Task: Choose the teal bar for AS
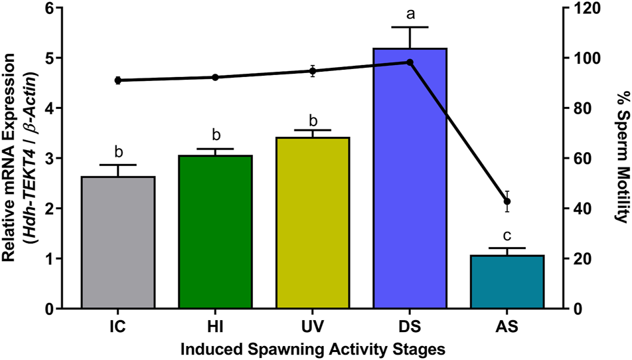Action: [x=507, y=282]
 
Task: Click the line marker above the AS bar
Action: [x=508, y=201]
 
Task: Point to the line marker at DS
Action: [x=410, y=62]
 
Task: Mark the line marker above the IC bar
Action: [x=118, y=80]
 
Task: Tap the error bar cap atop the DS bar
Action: [x=410, y=27]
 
